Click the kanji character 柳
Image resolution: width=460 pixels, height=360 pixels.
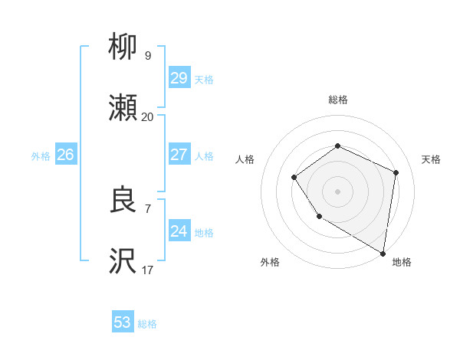point(123,47)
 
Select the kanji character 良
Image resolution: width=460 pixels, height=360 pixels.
point(123,201)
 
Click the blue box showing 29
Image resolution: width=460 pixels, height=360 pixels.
point(179,78)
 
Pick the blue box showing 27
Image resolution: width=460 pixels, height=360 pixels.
point(179,155)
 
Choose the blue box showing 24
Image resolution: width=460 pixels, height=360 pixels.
point(179,231)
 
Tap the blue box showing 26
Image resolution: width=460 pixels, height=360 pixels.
point(65,155)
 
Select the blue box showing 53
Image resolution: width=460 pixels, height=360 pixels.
point(123,322)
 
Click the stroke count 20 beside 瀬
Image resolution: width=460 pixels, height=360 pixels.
point(147,117)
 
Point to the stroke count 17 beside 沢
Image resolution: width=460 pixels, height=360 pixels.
point(147,270)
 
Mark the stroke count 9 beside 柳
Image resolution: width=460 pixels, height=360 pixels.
point(148,55)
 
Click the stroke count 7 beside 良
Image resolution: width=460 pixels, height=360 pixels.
point(148,208)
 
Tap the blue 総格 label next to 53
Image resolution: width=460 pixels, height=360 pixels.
point(147,324)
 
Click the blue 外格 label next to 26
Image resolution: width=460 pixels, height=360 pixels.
point(41,156)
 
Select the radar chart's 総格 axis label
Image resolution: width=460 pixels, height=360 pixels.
point(337,100)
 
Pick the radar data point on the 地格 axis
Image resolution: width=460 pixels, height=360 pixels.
point(383,252)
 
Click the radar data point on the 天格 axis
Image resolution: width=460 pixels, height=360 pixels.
point(396,172)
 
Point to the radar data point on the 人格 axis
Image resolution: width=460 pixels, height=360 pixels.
point(294,178)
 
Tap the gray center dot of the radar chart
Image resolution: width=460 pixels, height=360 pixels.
point(337,191)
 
